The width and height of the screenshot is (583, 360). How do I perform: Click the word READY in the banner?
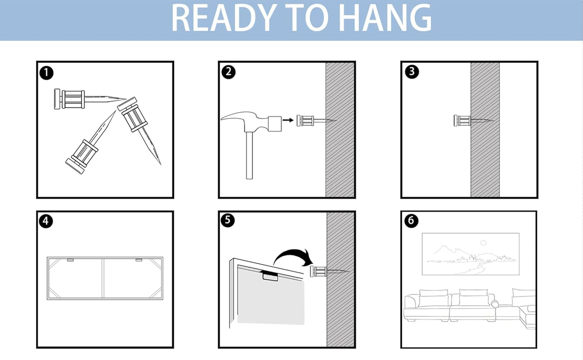[x=224, y=18]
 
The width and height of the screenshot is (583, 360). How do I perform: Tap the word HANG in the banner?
[x=385, y=18]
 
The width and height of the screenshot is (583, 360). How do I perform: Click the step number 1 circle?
[x=46, y=73]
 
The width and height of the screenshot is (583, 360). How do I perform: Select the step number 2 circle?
[x=228, y=72]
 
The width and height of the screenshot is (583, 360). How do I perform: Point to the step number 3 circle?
[x=412, y=71]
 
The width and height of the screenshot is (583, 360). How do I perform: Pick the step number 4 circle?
[x=46, y=221]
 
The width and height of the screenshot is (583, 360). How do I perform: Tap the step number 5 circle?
[x=228, y=220]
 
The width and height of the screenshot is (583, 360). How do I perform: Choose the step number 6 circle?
[x=411, y=220]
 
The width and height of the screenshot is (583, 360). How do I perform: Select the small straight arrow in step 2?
[x=288, y=120]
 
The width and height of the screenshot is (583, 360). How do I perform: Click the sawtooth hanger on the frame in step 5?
[x=270, y=276]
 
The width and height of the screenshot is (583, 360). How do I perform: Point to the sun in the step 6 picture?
[x=483, y=243]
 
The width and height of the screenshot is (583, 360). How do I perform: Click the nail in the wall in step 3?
[x=474, y=121]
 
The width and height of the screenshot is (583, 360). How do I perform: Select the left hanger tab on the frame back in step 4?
[x=70, y=260]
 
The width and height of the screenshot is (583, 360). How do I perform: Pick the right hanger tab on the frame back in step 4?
[x=139, y=260]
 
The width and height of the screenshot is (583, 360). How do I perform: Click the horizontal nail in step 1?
[x=90, y=99]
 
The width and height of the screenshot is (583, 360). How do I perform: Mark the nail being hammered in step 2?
[x=316, y=121]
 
